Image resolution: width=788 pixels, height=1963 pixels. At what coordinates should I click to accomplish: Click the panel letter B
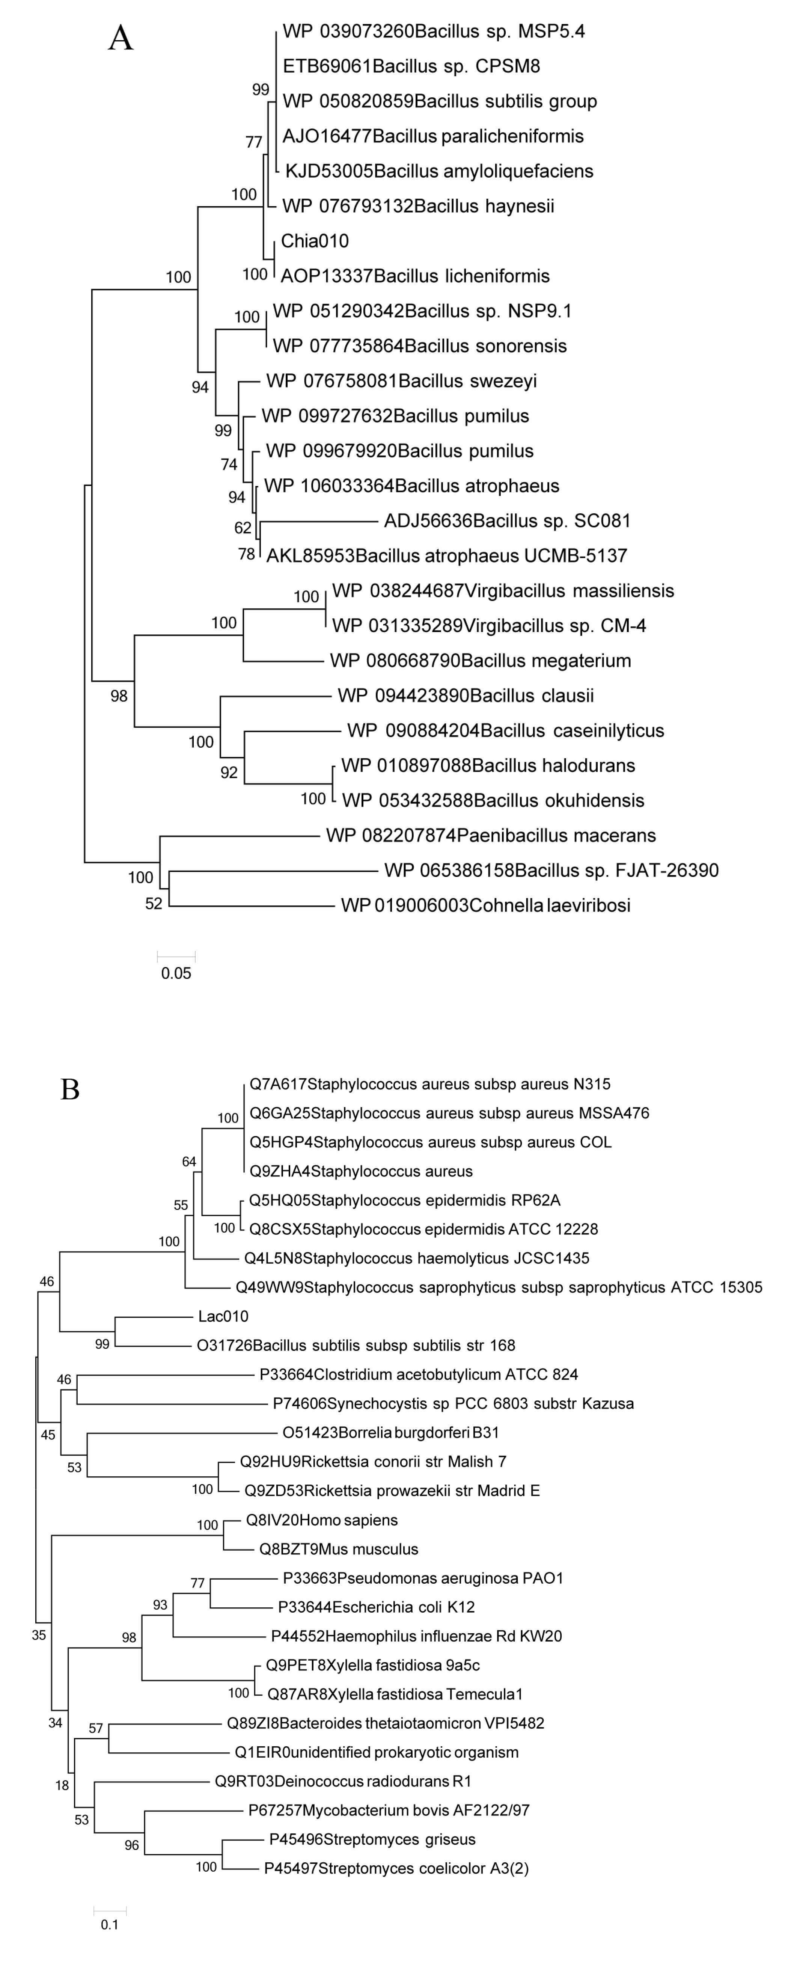point(70,1090)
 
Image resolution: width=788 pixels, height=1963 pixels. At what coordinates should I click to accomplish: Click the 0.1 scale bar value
point(110,1925)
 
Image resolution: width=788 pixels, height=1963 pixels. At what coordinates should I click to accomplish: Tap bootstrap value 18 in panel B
point(62,1785)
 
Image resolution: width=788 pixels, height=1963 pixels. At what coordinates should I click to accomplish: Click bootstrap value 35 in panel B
point(39,1635)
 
